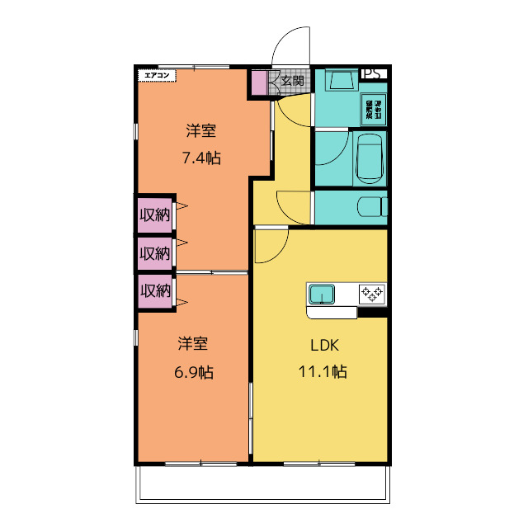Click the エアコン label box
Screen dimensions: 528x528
(157, 75)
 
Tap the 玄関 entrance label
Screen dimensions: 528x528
(291, 81)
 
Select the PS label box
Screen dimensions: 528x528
(372, 73)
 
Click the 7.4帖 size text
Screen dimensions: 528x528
(201, 158)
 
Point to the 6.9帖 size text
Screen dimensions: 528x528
(194, 372)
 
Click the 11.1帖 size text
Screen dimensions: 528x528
(322, 372)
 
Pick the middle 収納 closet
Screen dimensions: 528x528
(154, 253)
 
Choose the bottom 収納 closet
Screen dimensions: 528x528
(154, 291)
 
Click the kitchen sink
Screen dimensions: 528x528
(321, 294)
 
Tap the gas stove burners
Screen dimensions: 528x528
(371, 293)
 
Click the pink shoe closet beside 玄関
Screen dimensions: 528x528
(259, 83)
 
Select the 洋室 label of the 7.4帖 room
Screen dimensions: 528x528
(201, 130)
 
